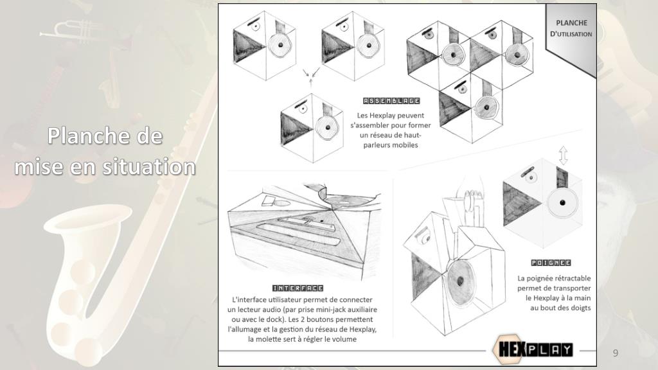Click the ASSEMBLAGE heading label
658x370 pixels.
click(x=391, y=101)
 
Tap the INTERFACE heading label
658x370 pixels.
click(x=298, y=288)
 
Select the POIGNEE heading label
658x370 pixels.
click(x=551, y=263)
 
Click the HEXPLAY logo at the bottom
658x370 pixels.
click(x=533, y=349)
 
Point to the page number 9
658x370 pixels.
click(x=615, y=353)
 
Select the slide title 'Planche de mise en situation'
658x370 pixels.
click(x=105, y=151)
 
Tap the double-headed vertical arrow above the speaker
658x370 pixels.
click(x=563, y=155)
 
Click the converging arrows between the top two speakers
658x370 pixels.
click(x=311, y=76)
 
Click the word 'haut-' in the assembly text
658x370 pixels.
click(x=411, y=135)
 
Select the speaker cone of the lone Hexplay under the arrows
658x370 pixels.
click(x=326, y=128)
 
